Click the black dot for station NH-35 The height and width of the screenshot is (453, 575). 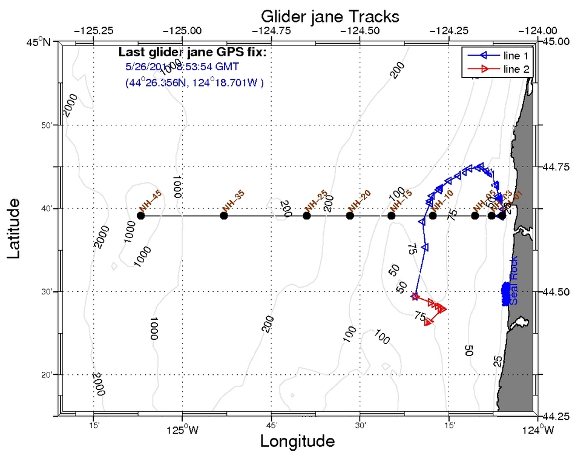tap(224, 216)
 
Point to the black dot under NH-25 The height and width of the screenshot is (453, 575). tap(307, 216)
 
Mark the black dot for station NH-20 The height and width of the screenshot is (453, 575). tap(350, 216)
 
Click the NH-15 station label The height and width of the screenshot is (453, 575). tap(401, 200)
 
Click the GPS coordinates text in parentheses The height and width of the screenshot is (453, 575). tap(194, 82)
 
